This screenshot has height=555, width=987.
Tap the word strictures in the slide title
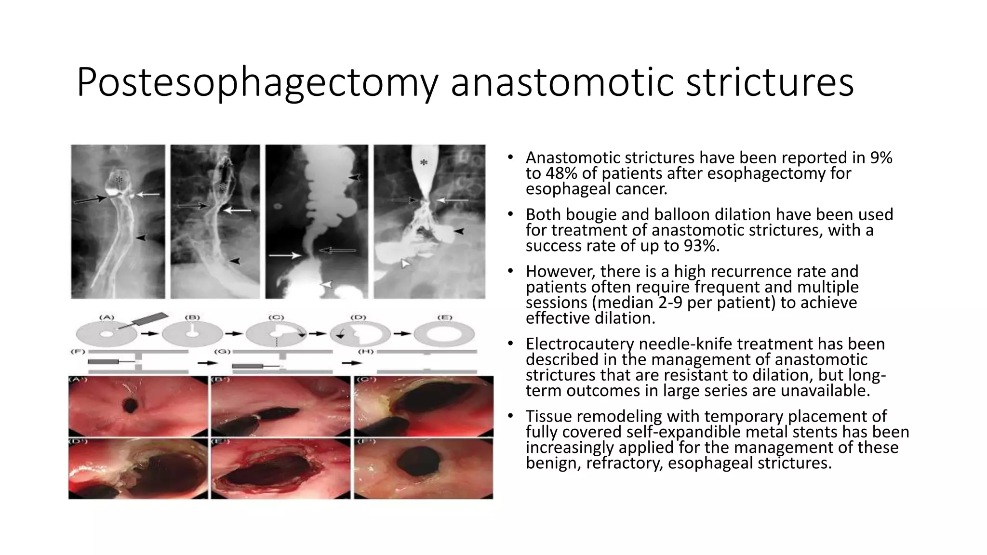pyautogui.click(x=770, y=82)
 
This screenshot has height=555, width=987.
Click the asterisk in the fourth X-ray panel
pyautogui.click(x=424, y=163)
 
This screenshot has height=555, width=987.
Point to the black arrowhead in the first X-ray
pyautogui.click(x=141, y=238)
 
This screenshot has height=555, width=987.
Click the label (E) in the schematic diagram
pyautogui.click(x=444, y=317)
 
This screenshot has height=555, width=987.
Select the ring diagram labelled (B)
pyautogui.click(x=192, y=333)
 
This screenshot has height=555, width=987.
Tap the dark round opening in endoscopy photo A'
pyautogui.click(x=130, y=406)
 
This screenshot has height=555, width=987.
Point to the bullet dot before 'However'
pyautogui.click(x=510, y=272)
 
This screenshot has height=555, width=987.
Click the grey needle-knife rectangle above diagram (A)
pyautogui.click(x=150, y=320)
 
